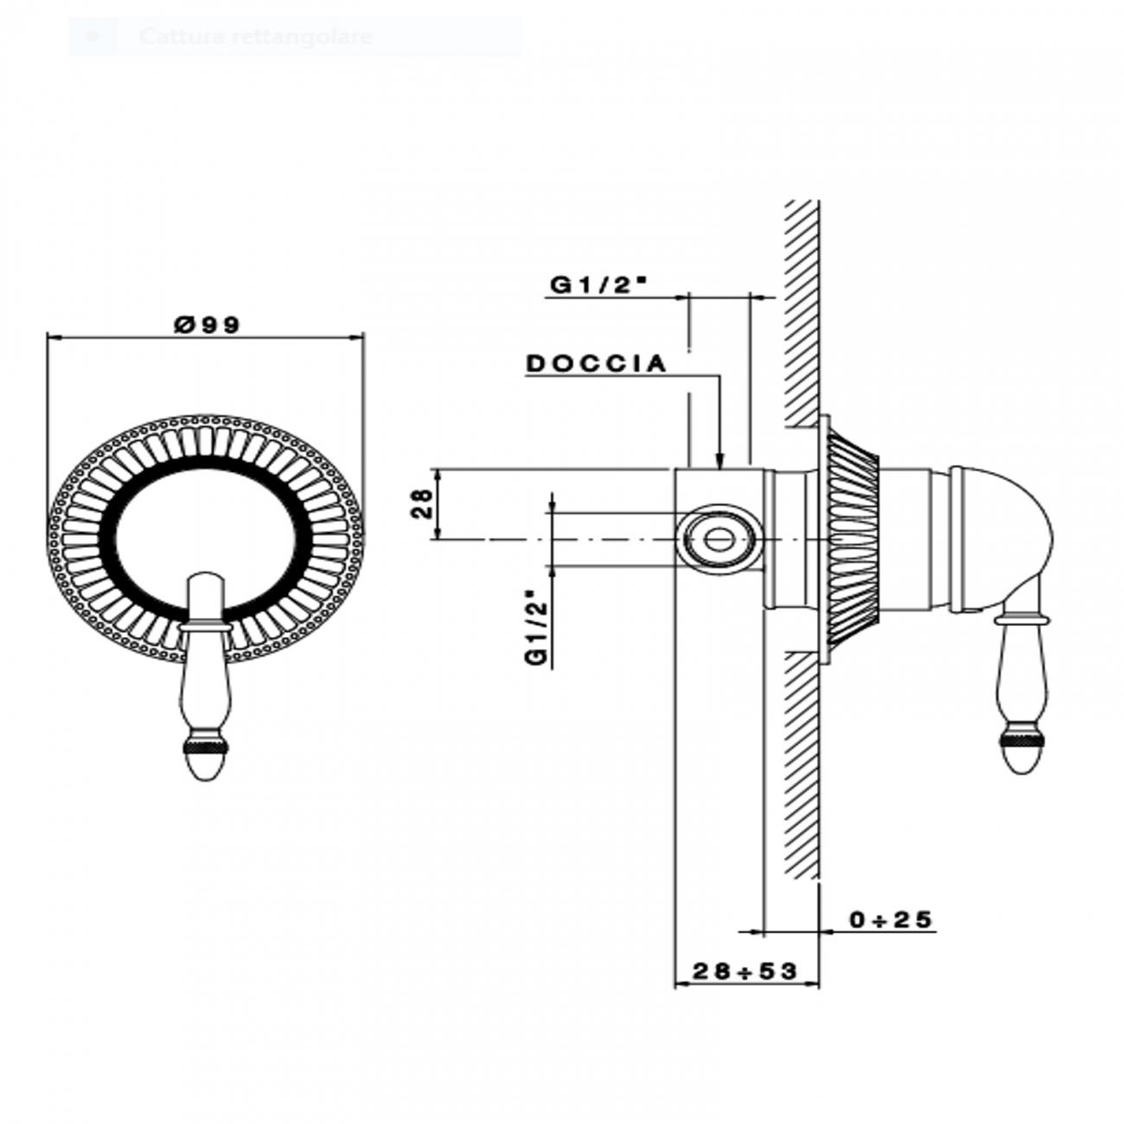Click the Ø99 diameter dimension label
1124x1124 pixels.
(206, 324)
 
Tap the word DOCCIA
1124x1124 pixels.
(597, 364)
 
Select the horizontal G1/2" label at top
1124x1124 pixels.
(599, 285)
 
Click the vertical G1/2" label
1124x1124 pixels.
(537, 627)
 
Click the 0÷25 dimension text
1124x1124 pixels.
(891, 919)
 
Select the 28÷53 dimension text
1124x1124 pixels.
(744, 971)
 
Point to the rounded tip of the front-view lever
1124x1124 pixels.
(206, 766)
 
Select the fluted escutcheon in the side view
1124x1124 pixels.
(854, 540)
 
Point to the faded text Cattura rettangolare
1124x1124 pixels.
(256, 37)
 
